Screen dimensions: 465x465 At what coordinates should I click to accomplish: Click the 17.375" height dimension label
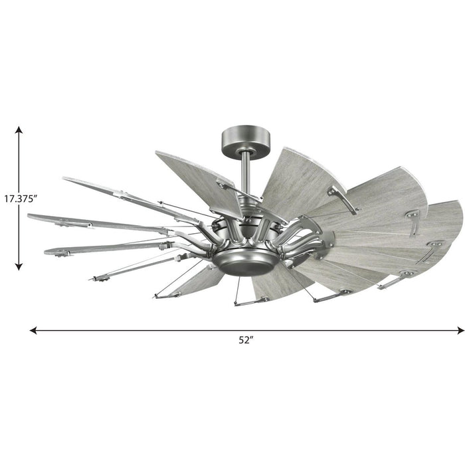[x=22, y=198]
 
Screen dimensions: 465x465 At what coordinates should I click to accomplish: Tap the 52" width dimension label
[x=246, y=340]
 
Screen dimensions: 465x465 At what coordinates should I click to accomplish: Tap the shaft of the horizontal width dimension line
[x=166, y=329]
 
